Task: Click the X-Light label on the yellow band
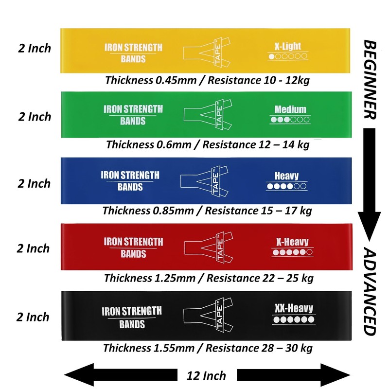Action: click(x=287, y=47)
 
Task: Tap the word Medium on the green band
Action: click(x=290, y=109)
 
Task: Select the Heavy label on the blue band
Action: click(x=286, y=176)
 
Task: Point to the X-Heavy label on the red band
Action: click(x=291, y=242)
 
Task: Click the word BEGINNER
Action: click(x=370, y=80)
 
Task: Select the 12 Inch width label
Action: click(x=207, y=375)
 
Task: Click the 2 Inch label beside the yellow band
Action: click(x=33, y=49)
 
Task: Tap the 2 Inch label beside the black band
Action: click(x=33, y=318)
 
